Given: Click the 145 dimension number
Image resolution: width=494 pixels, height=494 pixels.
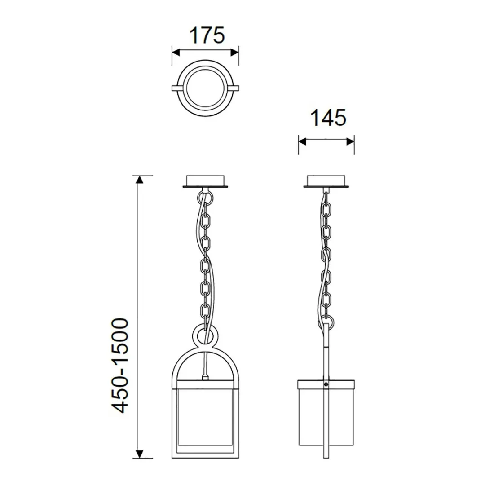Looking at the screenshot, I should click(x=327, y=118).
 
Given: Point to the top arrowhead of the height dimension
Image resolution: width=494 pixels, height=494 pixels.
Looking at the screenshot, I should click(x=140, y=180).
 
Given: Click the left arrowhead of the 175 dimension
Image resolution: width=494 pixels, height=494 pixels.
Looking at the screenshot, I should click(x=176, y=52).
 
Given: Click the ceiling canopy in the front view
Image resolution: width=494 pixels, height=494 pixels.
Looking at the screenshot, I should click(x=206, y=181).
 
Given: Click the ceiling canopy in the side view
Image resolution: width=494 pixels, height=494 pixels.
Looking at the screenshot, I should click(x=326, y=181).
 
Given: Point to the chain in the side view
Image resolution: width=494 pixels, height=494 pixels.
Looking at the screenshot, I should click(x=326, y=256).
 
